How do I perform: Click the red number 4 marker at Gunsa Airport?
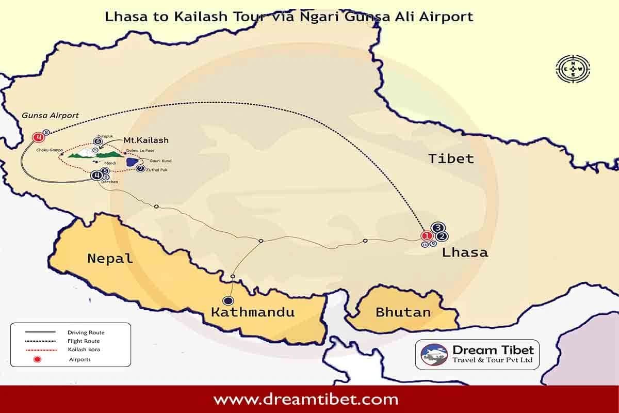tap(38, 137)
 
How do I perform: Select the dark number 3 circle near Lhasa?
tap(438, 228)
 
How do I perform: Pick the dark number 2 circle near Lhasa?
tap(442, 236)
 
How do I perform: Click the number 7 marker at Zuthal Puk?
tap(140, 168)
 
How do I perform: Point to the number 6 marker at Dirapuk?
tap(98, 141)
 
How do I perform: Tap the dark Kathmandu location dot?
tap(227, 300)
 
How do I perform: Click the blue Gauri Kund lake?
tap(132, 162)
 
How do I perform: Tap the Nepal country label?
tap(110, 258)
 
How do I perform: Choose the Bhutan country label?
tap(403, 312)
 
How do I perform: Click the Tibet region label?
tap(451, 158)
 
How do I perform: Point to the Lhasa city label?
tap(464, 252)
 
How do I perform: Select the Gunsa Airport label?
tap(51, 116)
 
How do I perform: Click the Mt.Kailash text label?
tap(146, 140)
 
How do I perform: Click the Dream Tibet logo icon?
tap(434, 355)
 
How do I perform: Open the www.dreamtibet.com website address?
tap(306, 399)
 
